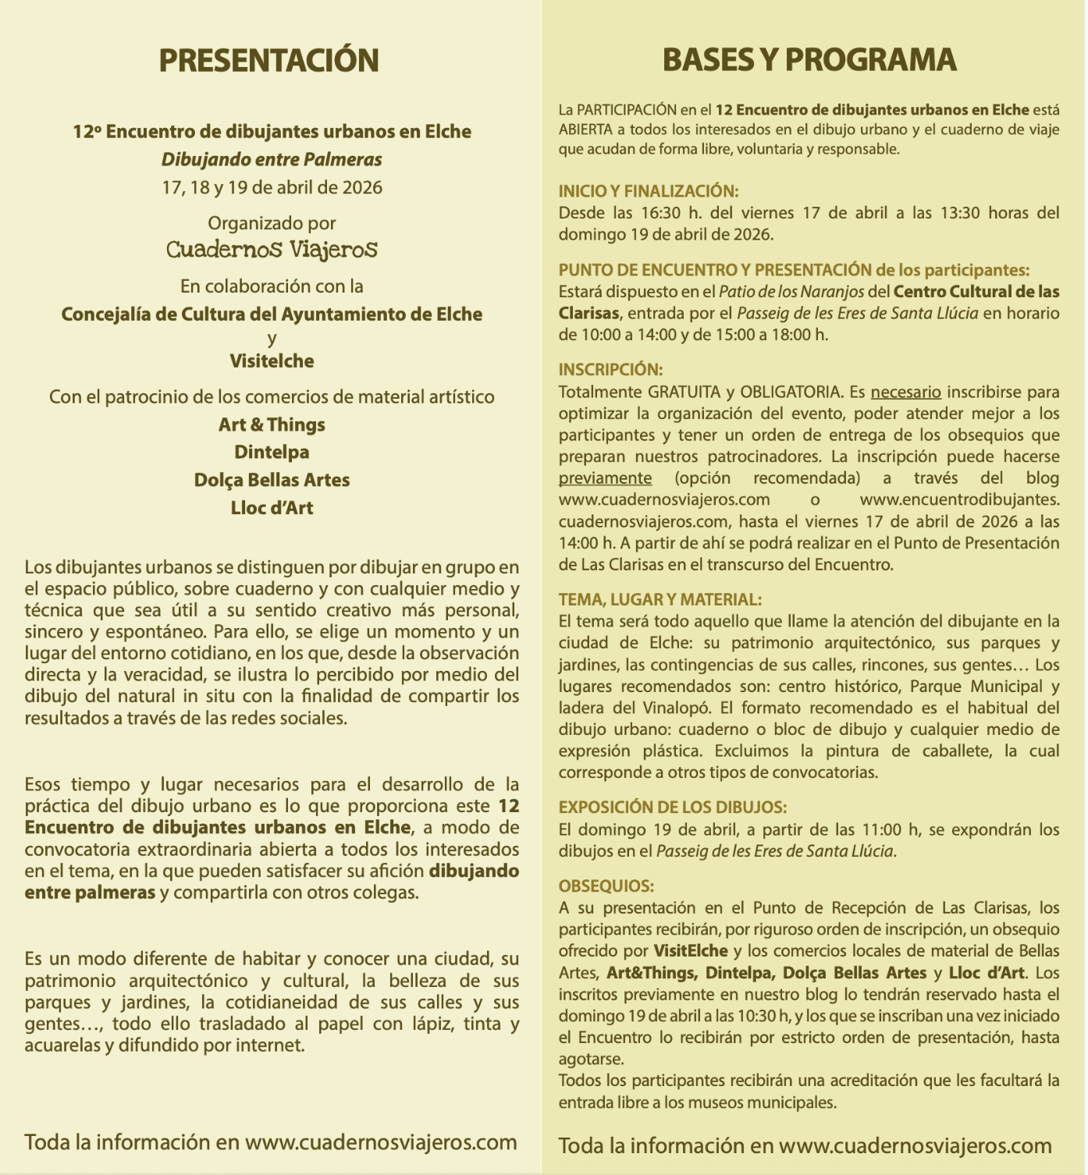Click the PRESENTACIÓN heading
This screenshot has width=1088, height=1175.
point(268,61)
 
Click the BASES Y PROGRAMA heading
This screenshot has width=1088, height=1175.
point(809,60)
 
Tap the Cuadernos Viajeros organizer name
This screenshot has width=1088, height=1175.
point(272,250)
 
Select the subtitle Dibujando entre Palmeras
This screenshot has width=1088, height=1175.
point(272,160)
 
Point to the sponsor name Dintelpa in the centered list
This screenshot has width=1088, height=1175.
point(272,453)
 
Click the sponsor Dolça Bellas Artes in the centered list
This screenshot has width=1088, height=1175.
point(272,480)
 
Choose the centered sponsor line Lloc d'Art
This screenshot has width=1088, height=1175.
point(272,508)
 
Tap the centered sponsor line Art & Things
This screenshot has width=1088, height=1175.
point(272,425)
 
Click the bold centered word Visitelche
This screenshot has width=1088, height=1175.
point(272,361)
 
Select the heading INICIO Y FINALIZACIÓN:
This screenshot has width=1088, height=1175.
point(648,191)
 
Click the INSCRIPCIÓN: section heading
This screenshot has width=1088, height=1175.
point(610,370)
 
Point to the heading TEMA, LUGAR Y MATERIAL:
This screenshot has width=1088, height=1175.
point(660,600)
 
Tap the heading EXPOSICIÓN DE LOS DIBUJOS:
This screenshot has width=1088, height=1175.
point(672,808)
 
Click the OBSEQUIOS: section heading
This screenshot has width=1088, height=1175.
point(606,886)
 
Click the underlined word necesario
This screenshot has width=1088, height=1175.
point(905,392)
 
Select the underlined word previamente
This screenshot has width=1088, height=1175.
point(605,478)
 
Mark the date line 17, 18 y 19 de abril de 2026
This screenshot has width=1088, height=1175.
point(272,188)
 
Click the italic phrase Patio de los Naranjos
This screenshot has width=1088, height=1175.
point(791,292)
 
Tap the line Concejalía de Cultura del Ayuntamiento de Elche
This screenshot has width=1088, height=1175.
point(272,314)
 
